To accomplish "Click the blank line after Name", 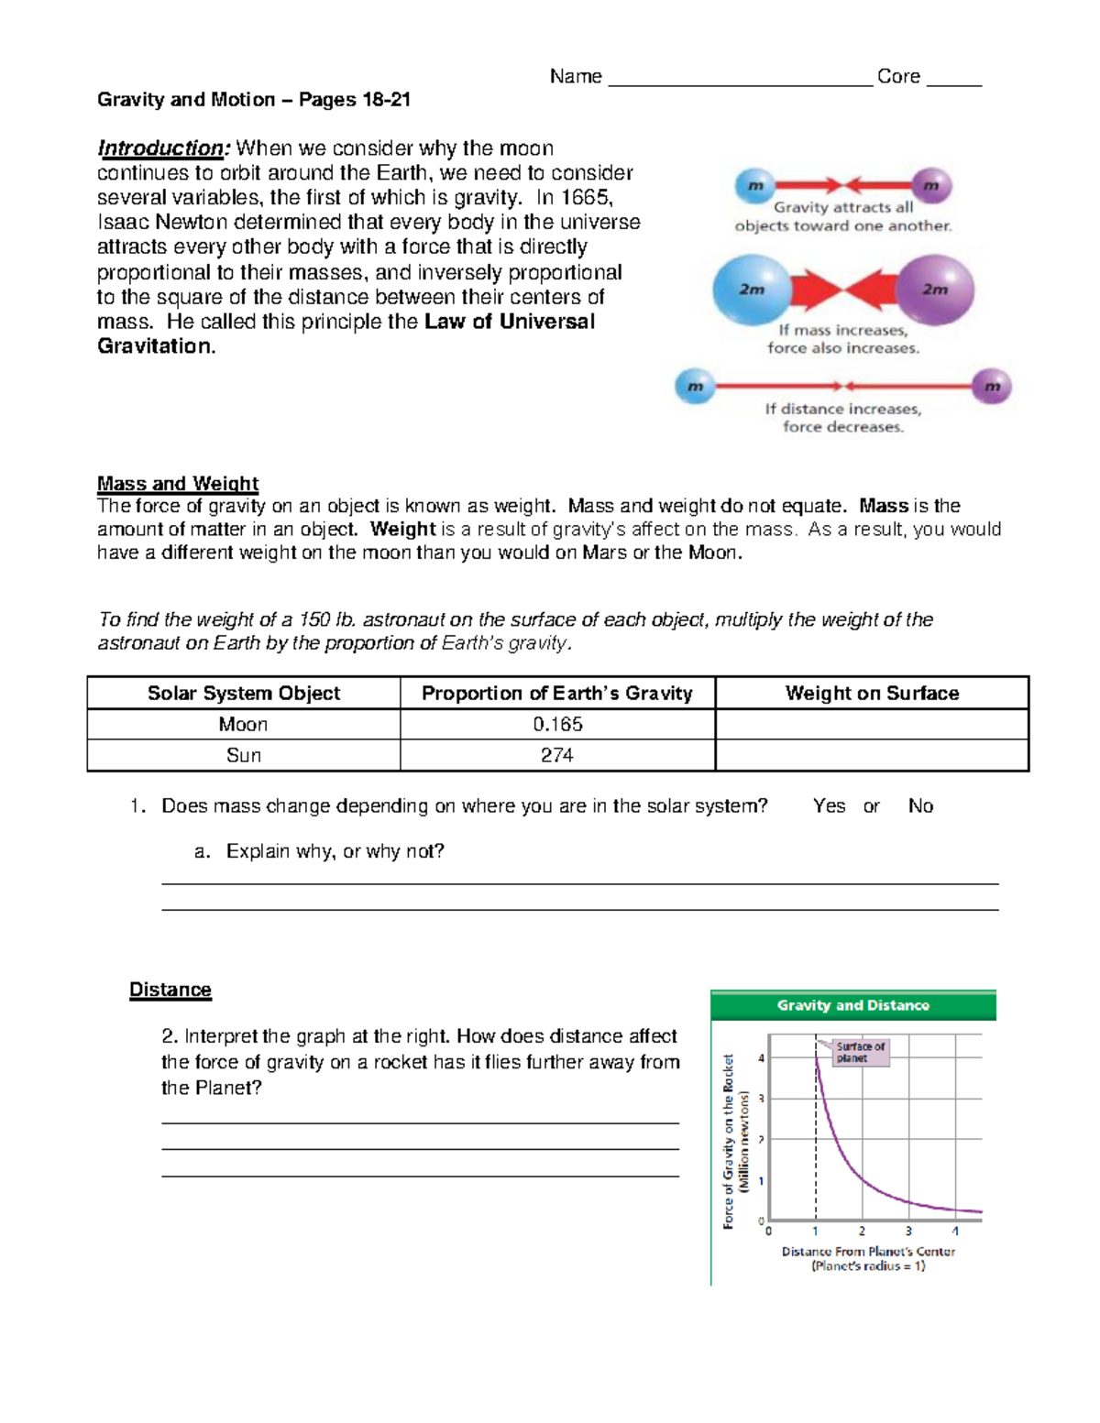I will click(x=740, y=81).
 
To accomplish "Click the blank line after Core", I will click(x=953, y=81).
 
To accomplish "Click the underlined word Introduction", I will click(x=161, y=148).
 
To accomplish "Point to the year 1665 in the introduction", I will click(x=583, y=198).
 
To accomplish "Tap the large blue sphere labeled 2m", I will click(x=752, y=290).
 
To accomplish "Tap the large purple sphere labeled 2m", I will click(x=934, y=290).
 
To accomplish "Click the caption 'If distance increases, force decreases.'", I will click(x=843, y=418).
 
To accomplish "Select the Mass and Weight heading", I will click(x=178, y=484).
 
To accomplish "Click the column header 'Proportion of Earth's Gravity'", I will click(x=556, y=694).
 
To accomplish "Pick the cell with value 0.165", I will click(x=557, y=725).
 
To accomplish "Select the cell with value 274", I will click(x=557, y=756).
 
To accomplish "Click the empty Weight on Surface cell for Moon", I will click(x=871, y=725).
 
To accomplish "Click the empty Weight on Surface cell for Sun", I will click(x=871, y=756).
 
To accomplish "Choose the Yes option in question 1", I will click(x=829, y=806).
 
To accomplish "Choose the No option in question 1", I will click(x=920, y=806).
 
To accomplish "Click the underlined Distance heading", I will click(x=170, y=991).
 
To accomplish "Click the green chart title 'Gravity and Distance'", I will click(x=852, y=1006).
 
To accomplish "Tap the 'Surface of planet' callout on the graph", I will click(x=860, y=1052).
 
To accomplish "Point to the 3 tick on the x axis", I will click(x=908, y=1231).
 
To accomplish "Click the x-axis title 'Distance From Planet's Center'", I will click(x=868, y=1252).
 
